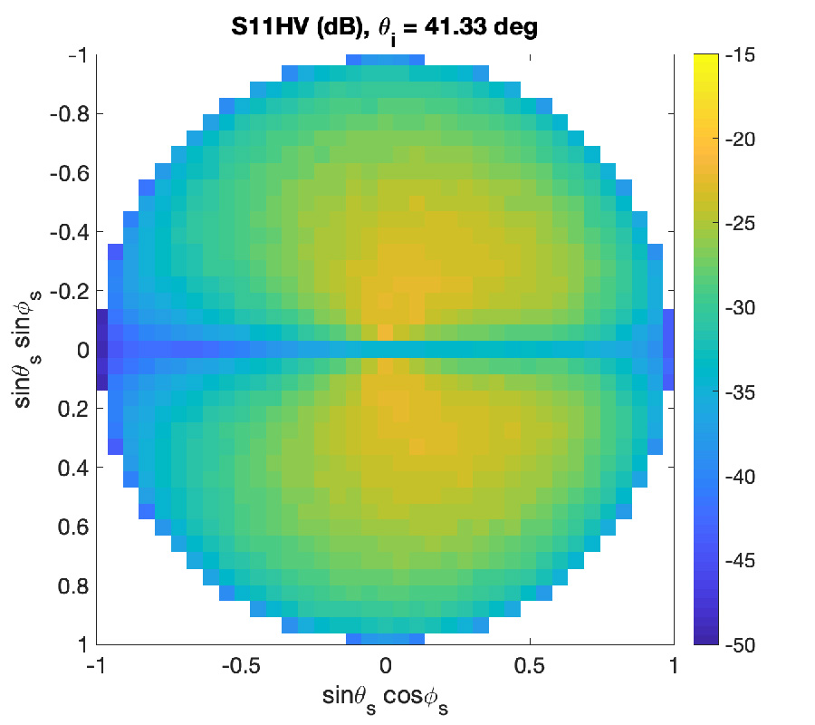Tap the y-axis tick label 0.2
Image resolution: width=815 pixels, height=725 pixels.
[x=69, y=410]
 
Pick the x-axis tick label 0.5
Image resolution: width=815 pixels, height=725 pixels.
[x=530, y=666]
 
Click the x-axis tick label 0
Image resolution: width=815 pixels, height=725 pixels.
[x=385, y=666]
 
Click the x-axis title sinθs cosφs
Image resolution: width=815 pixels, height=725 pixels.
[x=385, y=698]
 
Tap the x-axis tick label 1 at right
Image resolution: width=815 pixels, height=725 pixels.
[x=674, y=666]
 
